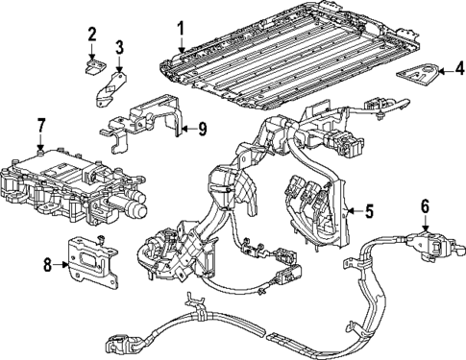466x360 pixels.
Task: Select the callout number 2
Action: [x=92, y=36]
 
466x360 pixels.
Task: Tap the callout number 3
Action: [x=119, y=46]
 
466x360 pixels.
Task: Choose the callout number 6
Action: [x=424, y=205]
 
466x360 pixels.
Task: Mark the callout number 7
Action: [x=40, y=125]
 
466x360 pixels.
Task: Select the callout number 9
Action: [x=202, y=129]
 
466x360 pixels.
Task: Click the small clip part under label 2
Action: [x=93, y=65]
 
